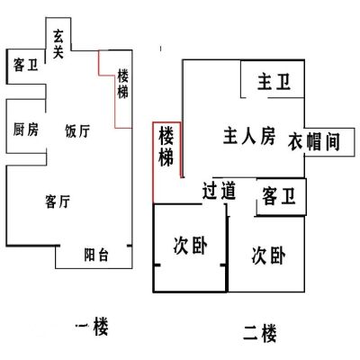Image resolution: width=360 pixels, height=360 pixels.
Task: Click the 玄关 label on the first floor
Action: pyautogui.click(x=58, y=44)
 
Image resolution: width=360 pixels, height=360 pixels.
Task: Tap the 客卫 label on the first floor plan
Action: pyautogui.click(x=25, y=65)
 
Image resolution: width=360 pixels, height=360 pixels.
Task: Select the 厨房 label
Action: pyautogui.click(x=26, y=130)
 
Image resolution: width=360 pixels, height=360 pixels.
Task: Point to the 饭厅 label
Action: pyautogui.click(x=77, y=131)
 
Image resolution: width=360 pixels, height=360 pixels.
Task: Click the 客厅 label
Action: pyautogui.click(x=58, y=202)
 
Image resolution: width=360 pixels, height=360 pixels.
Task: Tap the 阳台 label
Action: pyautogui.click(x=96, y=255)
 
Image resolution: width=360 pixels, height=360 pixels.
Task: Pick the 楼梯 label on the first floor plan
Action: pyautogui.click(x=122, y=84)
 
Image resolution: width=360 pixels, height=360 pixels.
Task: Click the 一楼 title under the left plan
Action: pyautogui.click(x=92, y=326)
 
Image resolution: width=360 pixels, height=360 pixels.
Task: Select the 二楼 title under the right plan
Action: pyautogui.click(x=260, y=333)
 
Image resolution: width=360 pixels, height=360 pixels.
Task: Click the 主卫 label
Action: pyautogui.click(x=274, y=82)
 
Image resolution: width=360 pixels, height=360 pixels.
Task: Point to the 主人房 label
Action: pyautogui.click(x=249, y=137)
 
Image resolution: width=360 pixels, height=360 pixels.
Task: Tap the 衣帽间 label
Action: pyautogui.click(x=314, y=141)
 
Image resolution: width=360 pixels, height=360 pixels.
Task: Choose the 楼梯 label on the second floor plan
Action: pyautogui.click(x=166, y=147)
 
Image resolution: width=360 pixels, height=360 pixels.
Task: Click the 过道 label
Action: pyautogui.click(x=219, y=191)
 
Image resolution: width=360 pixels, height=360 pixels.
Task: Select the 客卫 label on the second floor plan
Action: pyautogui.click(x=279, y=196)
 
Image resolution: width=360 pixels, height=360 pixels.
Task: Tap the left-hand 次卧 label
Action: pyautogui.click(x=190, y=246)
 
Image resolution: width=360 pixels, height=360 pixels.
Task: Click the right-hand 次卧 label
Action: pyautogui.click(x=268, y=256)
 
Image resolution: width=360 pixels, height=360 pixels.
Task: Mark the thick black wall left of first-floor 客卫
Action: pyautogui.click(x=6, y=67)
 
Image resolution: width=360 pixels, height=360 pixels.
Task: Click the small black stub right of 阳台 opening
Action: pyautogui.click(x=130, y=246)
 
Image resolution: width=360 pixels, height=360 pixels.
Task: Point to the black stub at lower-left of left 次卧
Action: pyautogui.click(x=157, y=265)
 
